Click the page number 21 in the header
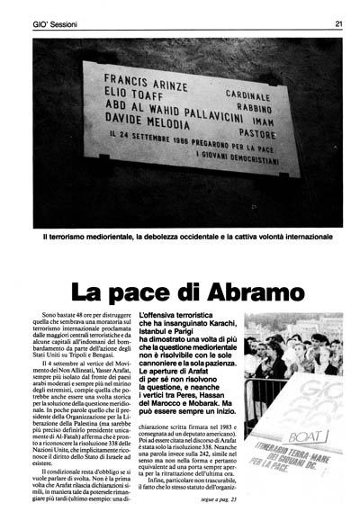pos(337,24)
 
